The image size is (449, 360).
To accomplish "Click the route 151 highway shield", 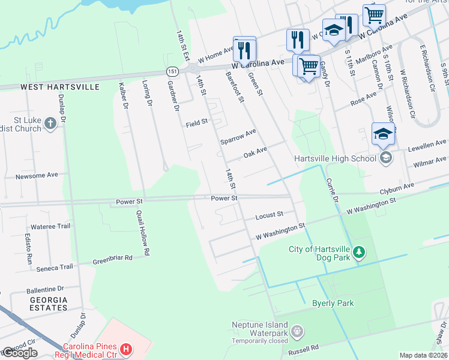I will [x=172, y=71].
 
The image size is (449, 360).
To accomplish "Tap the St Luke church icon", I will [x=50, y=124].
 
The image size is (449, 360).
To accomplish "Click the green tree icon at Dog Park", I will [x=358, y=252].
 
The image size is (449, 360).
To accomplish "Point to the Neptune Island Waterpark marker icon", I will [x=296, y=331].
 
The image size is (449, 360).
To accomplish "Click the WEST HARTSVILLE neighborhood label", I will [x=60, y=87].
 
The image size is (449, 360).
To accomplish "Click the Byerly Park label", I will [x=333, y=303].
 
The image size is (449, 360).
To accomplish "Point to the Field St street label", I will [x=196, y=122].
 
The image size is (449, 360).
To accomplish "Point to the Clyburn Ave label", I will [x=397, y=188].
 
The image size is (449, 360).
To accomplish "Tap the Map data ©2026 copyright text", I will [x=423, y=355].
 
